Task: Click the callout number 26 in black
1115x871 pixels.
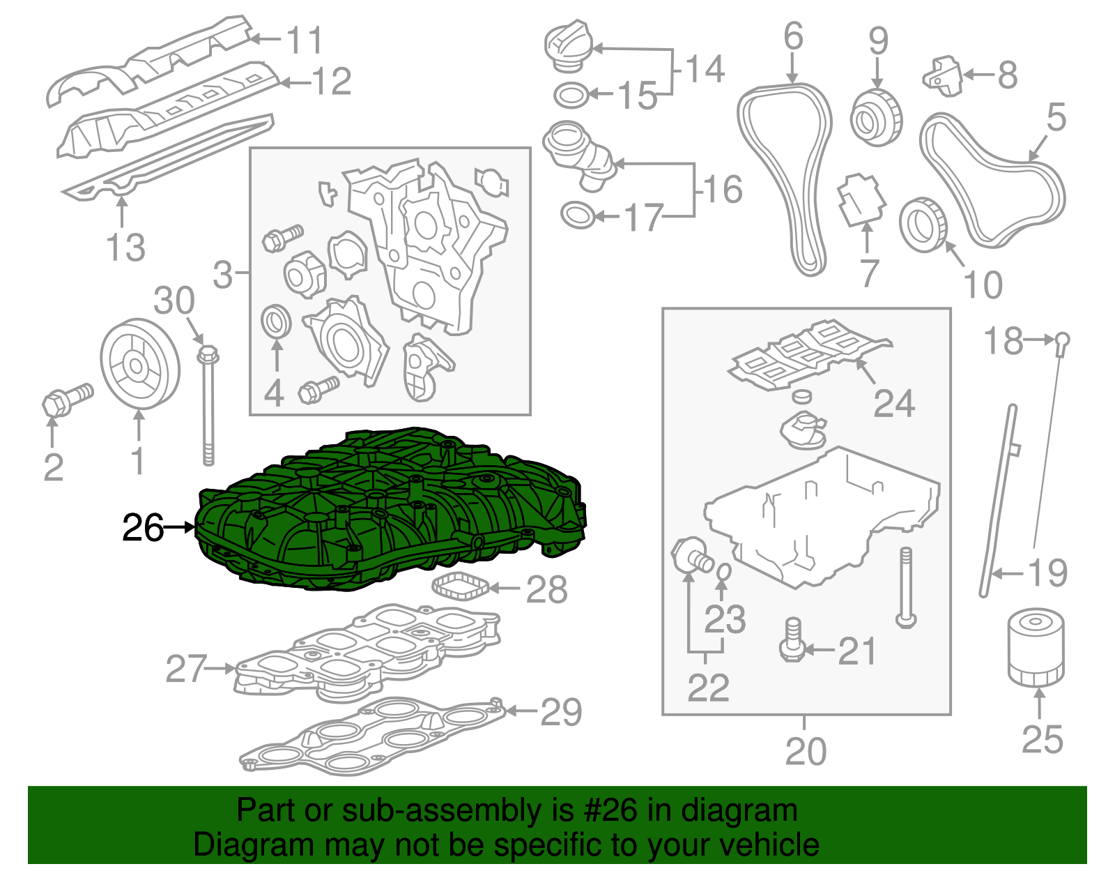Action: click(x=143, y=528)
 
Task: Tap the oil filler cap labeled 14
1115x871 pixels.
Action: click(x=568, y=45)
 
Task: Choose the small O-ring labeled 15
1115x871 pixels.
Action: click(x=571, y=95)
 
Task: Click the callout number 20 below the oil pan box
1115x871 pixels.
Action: click(x=806, y=752)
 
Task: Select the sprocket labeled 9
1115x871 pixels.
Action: click(x=876, y=118)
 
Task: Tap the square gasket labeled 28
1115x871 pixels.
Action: click(x=461, y=587)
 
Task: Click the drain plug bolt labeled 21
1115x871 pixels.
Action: click(x=792, y=640)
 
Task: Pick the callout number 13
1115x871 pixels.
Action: click(x=125, y=248)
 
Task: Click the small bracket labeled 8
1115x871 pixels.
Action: click(x=942, y=75)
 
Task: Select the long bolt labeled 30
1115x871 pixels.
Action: click(x=208, y=404)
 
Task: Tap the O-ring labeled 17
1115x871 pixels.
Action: click(x=578, y=215)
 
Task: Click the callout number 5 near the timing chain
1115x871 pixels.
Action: click(x=1056, y=117)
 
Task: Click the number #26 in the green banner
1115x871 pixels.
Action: click(x=607, y=810)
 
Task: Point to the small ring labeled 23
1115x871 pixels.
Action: click(x=723, y=572)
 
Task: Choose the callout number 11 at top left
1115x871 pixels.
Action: click(x=305, y=40)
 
